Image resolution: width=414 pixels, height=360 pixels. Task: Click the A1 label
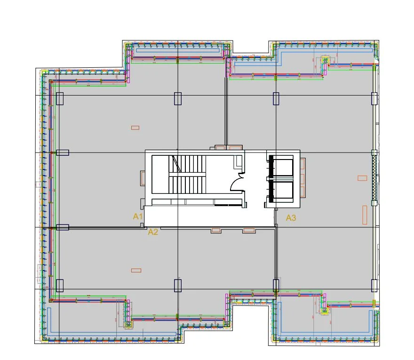click(x=138, y=216)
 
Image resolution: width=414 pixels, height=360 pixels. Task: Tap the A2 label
click(x=153, y=232)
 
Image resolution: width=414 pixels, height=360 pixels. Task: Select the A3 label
click(x=291, y=217)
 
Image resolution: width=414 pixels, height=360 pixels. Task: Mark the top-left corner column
click(x=60, y=98)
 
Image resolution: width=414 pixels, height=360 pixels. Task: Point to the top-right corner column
click(x=374, y=98)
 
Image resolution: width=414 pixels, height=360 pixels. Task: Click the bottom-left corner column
click(x=60, y=286)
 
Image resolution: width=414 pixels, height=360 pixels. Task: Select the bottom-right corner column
click(x=374, y=286)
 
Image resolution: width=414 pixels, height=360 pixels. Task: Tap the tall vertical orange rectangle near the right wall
click(x=365, y=215)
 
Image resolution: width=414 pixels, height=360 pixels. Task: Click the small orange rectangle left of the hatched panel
click(x=362, y=178)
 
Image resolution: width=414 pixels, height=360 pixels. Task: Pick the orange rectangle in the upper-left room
click(x=135, y=128)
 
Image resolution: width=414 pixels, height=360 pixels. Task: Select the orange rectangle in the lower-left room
click(x=136, y=270)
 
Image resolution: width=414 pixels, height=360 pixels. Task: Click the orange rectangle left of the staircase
click(x=143, y=178)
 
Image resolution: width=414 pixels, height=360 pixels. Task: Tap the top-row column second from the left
click(x=177, y=98)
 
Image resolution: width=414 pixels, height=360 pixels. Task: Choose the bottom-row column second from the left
click(x=177, y=286)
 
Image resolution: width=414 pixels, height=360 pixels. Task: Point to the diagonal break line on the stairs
click(x=177, y=163)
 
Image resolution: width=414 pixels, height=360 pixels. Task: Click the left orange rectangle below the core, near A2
click(x=216, y=230)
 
